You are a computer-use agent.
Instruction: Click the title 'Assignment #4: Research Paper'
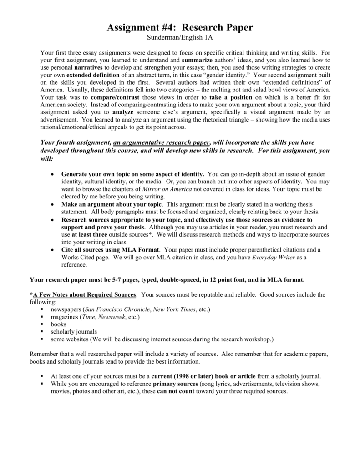[180, 28]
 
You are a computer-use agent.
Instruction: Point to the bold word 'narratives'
[88, 67]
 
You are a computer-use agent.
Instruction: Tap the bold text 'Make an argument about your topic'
[112, 204]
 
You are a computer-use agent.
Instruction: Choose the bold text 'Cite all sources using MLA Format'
[111, 250]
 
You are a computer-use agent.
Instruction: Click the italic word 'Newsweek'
[117, 317]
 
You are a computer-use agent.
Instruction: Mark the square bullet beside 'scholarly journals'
[41, 332]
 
